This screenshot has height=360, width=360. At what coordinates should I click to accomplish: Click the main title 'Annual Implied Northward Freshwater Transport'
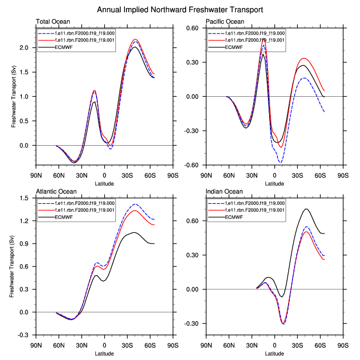180,10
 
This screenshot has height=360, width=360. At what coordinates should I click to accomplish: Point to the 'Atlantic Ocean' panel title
56,191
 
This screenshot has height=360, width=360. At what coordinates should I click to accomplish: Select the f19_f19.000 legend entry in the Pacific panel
255,33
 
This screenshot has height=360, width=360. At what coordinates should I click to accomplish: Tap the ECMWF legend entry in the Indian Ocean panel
234,217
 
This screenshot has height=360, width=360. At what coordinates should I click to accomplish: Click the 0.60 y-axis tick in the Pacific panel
191,28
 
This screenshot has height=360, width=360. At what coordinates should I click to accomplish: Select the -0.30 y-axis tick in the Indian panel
191,324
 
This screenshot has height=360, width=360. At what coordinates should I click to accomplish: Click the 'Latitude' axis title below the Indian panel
275,354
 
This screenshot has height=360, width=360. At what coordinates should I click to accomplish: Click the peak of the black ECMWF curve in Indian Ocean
306,209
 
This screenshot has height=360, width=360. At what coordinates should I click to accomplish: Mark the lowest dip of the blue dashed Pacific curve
280,162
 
